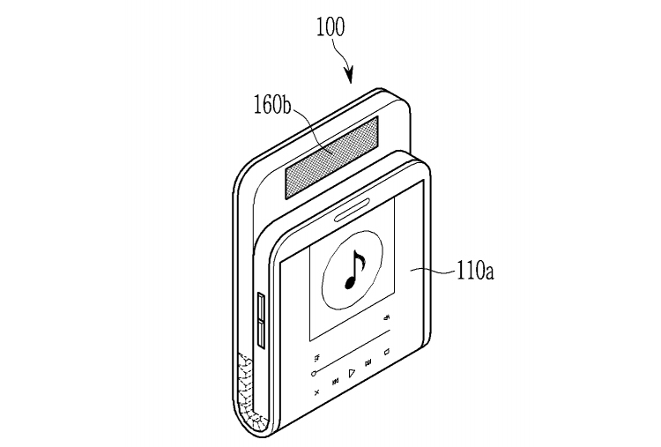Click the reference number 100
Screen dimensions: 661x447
coord(330,27)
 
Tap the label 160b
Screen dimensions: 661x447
coord(272,105)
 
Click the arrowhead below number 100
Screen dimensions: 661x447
coord(350,76)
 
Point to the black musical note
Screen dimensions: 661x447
coord(354,269)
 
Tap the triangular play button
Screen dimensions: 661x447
coord(352,373)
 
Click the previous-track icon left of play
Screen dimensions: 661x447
coord(336,382)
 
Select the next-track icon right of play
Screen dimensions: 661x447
coord(368,362)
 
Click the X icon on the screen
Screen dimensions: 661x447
coord(316,392)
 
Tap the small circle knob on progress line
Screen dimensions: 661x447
coord(314,374)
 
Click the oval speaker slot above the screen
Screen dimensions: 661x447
coord(353,210)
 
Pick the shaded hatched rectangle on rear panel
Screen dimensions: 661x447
coord(331,158)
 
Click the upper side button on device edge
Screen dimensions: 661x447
coord(261,307)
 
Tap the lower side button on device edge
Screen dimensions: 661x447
coord(261,334)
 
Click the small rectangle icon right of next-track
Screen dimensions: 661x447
coord(387,352)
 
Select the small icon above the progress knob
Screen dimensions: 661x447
coord(317,359)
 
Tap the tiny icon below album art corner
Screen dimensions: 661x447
coord(387,317)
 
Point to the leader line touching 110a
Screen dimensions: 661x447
coord(433,272)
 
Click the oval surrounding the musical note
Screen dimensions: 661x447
coord(323,270)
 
